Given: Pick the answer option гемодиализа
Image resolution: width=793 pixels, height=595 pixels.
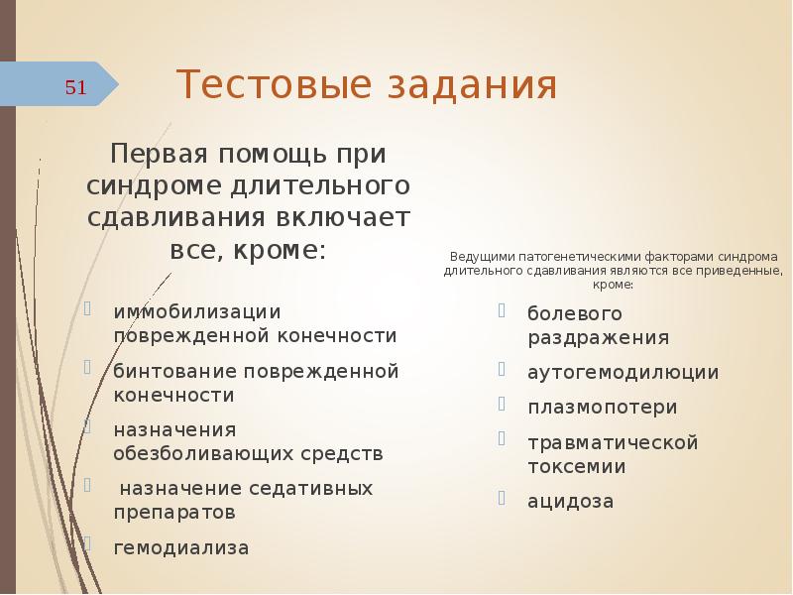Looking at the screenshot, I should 181,546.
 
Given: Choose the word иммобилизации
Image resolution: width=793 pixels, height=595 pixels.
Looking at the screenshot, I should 197,311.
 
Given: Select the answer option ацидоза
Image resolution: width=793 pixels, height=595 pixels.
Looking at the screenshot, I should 570,501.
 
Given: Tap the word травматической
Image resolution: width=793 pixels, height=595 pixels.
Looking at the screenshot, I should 613,441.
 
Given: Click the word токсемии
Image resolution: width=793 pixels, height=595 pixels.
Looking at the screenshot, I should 576,465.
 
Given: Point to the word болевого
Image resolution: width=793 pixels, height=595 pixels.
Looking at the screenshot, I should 574,313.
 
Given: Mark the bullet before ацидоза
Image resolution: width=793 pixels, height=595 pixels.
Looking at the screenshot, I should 504,498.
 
